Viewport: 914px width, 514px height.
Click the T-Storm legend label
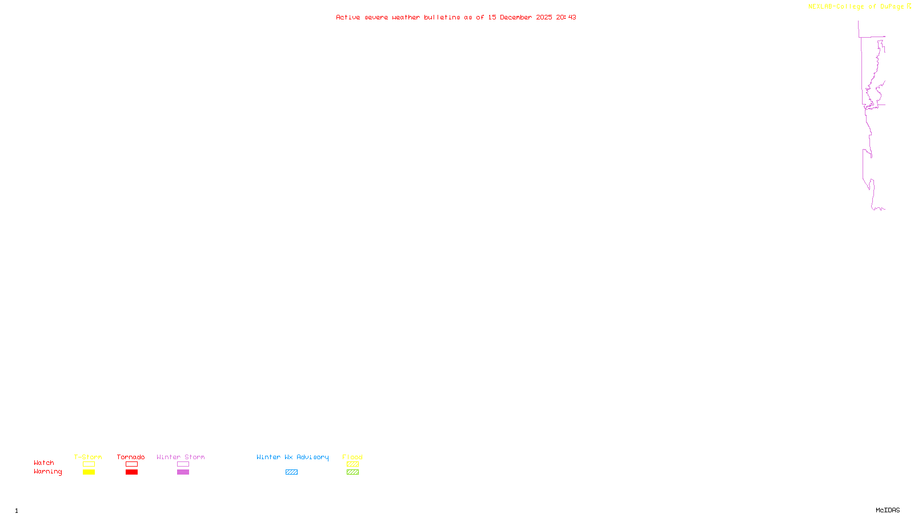tap(88, 457)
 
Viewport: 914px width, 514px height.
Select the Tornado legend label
tap(131, 457)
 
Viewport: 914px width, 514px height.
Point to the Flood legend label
tap(352, 457)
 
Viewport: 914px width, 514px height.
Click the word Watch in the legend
tap(44, 463)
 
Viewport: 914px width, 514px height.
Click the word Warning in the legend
tap(47, 472)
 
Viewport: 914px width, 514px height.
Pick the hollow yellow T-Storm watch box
tap(89, 464)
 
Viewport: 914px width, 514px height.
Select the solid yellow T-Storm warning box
tap(89, 472)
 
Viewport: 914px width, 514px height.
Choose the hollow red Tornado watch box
tap(131, 464)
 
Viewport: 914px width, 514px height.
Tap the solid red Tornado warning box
tap(131, 472)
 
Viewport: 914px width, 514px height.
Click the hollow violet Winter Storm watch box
tap(183, 464)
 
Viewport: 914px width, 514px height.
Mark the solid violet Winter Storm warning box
tap(183, 472)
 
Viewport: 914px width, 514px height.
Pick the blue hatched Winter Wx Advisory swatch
tap(291, 472)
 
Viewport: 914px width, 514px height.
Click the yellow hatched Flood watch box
tap(352, 464)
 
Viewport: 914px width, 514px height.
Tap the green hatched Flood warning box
tap(352, 472)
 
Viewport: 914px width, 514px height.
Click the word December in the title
tap(516, 17)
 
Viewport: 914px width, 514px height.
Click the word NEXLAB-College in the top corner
tap(836, 7)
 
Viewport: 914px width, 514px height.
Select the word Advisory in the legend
tap(312, 457)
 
